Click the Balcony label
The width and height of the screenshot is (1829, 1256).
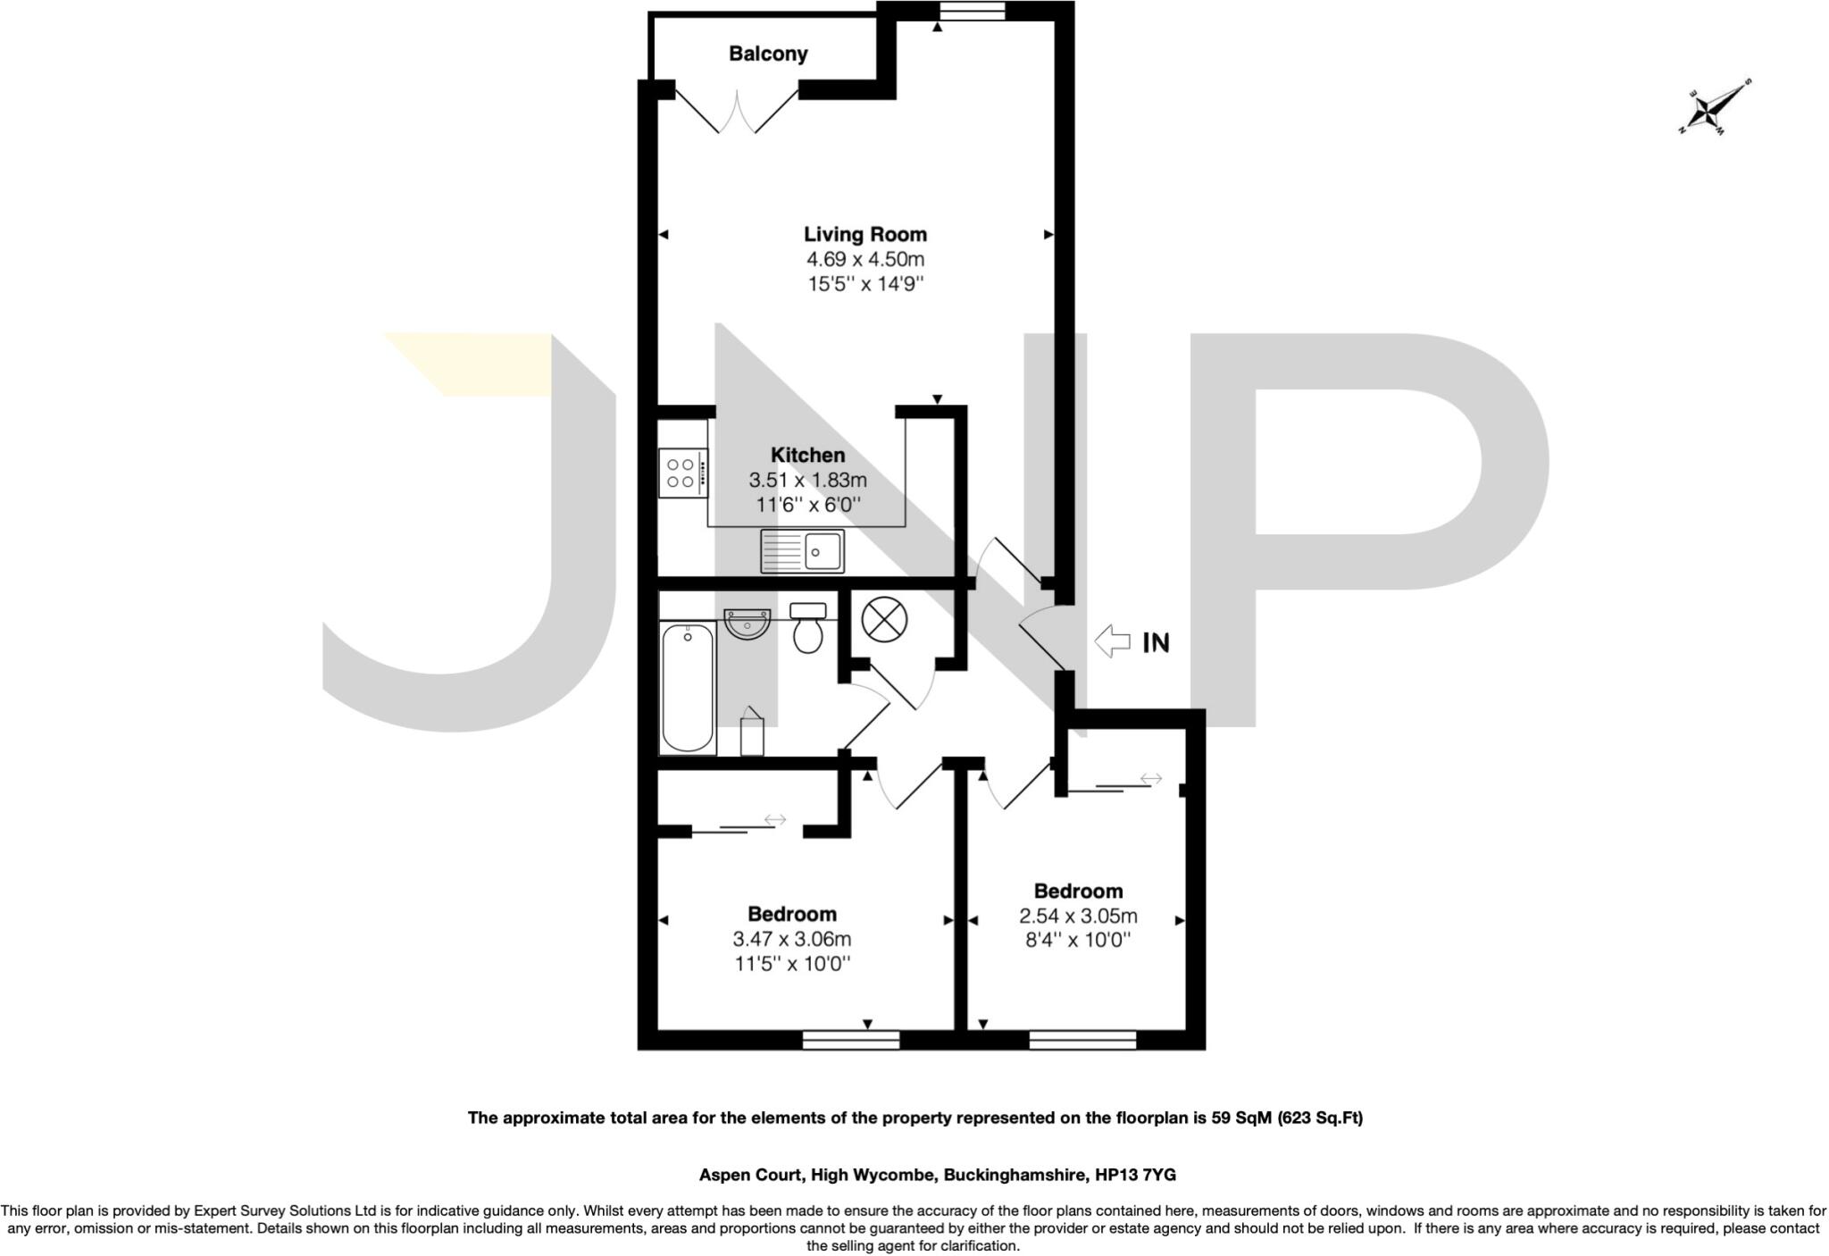point(768,54)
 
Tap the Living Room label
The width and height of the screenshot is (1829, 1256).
point(865,234)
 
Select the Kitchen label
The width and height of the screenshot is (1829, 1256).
point(807,455)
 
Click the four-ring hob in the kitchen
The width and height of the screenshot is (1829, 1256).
point(683,473)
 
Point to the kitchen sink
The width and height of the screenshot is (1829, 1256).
point(802,550)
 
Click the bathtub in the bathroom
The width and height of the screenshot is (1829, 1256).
point(688,688)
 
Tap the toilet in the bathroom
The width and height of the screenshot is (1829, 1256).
point(808,627)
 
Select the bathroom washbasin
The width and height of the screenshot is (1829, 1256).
point(747,623)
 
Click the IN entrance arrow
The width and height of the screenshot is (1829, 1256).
point(1113,641)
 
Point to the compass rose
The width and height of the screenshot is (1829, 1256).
point(1714,108)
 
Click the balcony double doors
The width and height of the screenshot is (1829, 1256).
point(737,111)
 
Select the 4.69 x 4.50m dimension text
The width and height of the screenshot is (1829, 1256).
point(865,260)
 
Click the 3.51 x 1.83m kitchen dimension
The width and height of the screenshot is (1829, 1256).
point(807,480)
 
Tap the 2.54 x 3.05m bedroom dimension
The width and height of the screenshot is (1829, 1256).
point(1078,917)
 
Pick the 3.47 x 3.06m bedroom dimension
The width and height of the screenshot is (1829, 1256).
point(791,940)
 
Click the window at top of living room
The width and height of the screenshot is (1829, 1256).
point(973,11)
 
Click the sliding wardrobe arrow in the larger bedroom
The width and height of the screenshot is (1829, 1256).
point(775,819)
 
